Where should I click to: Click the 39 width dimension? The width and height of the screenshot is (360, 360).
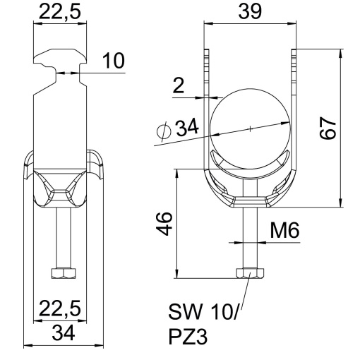point(249,12)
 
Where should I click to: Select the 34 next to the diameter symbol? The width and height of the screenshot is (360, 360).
point(186,129)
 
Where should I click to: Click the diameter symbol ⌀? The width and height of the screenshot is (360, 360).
point(161,131)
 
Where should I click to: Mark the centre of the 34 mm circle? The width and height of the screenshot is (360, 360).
point(249,128)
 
